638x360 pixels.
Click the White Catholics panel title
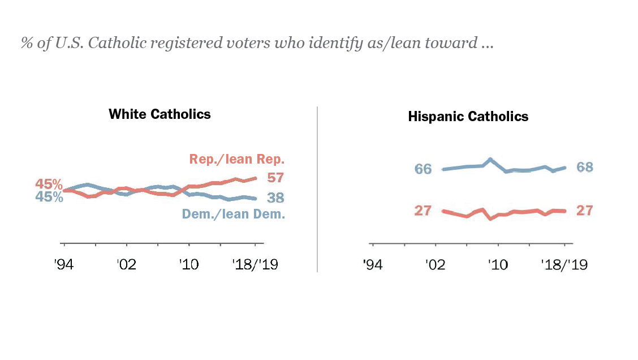pyautogui.click(x=159, y=114)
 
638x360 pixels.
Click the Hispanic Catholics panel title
pyautogui.click(x=468, y=117)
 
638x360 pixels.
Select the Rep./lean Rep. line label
pyautogui.click(x=236, y=159)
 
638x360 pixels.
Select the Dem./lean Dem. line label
pyautogui.click(x=232, y=215)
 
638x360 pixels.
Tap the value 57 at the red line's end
pyautogui.click(x=275, y=178)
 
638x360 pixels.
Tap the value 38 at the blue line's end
pyautogui.click(x=275, y=198)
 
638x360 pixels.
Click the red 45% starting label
pyautogui.click(x=49, y=184)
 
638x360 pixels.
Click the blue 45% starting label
pyautogui.click(x=49, y=197)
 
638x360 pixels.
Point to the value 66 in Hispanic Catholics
pyautogui.click(x=423, y=169)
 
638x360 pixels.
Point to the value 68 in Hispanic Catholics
pyautogui.click(x=584, y=167)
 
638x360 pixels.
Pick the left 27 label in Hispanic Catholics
pyautogui.click(x=423, y=211)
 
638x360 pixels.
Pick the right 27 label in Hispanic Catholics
pyautogui.click(x=584, y=211)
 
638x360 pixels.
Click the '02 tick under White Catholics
pyautogui.click(x=127, y=265)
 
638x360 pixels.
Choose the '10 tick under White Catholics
pyautogui.click(x=189, y=265)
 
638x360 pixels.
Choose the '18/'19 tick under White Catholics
pyautogui.click(x=255, y=265)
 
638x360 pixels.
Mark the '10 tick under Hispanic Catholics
pyautogui.click(x=498, y=265)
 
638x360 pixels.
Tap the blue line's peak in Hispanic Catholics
pyautogui.click(x=490, y=159)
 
